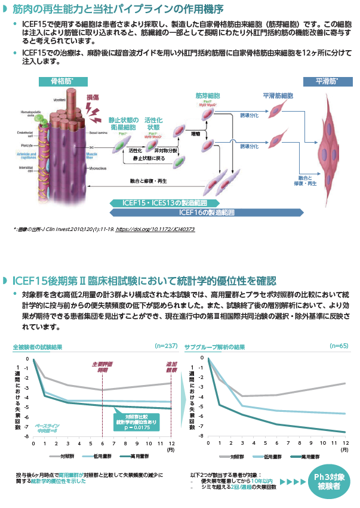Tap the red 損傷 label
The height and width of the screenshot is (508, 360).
point(94,97)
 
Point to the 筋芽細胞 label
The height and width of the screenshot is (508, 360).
point(208,96)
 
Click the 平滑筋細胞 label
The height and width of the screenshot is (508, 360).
point(277,96)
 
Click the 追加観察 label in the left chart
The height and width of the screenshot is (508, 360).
point(172,367)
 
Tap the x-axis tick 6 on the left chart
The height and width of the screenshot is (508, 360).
point(103,444)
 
